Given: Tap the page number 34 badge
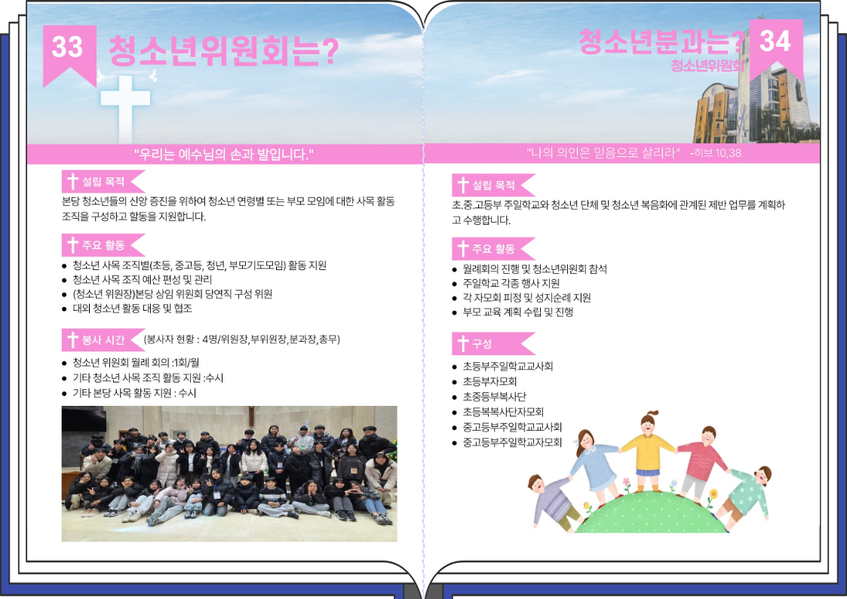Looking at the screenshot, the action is tap(776, 48).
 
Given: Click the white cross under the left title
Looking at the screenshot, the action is tap(125, 109).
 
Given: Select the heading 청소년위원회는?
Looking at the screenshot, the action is tap(224, 51).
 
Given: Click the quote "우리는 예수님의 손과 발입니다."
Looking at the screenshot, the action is tap(224, 155).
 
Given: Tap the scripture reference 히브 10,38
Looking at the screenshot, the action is tap(716, 153).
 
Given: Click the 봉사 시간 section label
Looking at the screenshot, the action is tap(103, 339).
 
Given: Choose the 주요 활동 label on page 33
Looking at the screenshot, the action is tap(103, 245).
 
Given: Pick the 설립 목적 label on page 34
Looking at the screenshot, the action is tap(493, 186).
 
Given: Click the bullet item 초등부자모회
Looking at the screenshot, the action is tap(490, 381).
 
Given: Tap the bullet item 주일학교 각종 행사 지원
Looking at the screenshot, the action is tap(511, 284).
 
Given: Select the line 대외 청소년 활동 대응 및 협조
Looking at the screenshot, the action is tap(132, 309).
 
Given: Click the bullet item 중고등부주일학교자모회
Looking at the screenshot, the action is tap(512, 442).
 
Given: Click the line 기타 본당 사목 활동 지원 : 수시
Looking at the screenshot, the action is tap(134, 393).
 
